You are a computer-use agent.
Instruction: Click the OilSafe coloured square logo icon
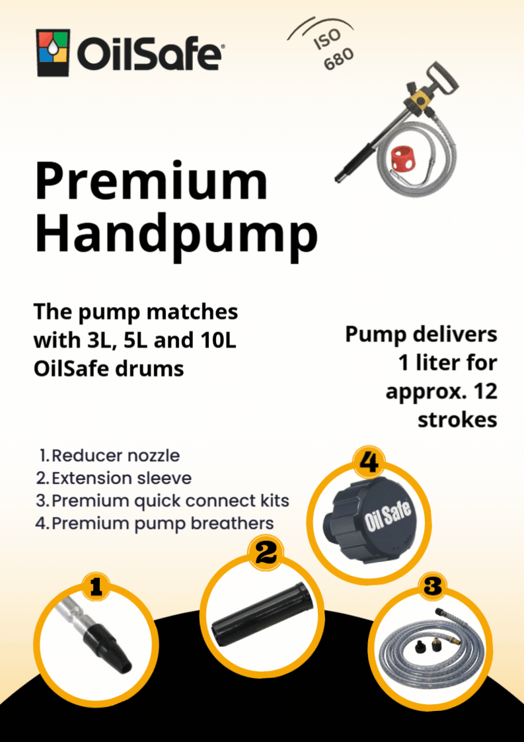(54, 54)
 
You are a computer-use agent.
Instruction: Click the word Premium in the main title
(151, 182)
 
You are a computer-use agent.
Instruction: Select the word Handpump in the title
(176, 232)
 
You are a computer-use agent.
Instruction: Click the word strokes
(457, 419)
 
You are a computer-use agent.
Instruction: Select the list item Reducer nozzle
(115, 456)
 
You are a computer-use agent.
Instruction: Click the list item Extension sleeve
(122, 477)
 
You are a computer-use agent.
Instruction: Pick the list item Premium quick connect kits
(170, 500)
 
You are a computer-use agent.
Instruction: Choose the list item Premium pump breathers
(162, 523)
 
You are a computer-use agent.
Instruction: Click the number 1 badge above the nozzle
(95, 585)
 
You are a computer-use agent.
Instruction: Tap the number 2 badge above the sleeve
(266, 553)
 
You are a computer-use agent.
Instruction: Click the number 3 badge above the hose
(432, 585)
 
